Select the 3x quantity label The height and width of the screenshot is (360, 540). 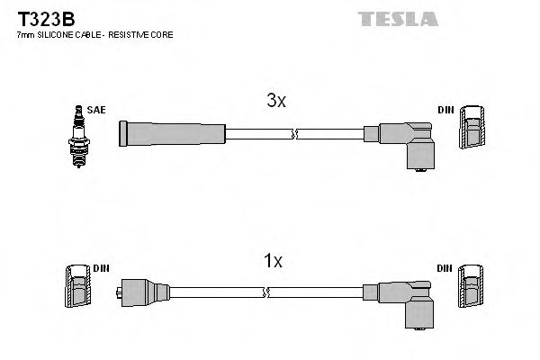coord(276,102)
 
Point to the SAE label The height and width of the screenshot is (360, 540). coord(97,109)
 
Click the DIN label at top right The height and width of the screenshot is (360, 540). coord(445,109)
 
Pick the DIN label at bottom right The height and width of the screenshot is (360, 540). coord(445,268)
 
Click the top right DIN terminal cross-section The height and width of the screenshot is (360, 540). coord(473,130)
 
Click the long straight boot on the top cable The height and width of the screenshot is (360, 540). coord(172,134)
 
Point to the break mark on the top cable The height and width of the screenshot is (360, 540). coord(293,134)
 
